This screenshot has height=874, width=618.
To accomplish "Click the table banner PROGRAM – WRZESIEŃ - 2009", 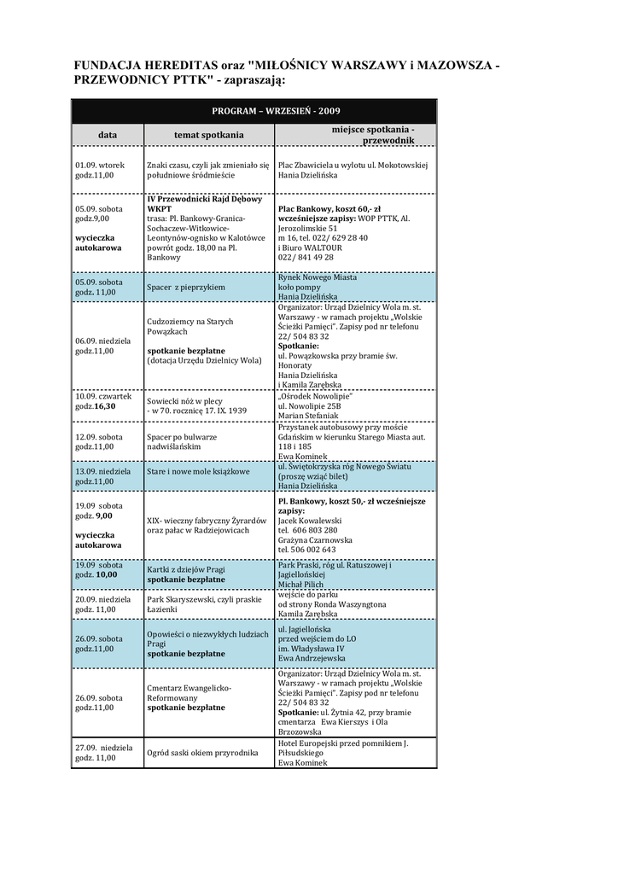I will tap(254, 112).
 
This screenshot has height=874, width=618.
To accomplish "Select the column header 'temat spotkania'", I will tap(208, 135).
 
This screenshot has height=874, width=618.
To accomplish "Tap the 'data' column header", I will tap(107, 135).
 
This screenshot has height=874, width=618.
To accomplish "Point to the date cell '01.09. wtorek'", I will tap(99, 164).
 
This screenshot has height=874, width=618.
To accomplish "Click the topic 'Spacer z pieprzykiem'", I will tap(185, 287).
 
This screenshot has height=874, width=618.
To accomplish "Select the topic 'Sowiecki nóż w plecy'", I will tap(185, 399).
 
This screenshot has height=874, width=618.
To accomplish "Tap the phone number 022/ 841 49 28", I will tap(306, 257).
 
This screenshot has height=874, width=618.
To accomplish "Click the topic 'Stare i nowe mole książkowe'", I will tap(198, 471).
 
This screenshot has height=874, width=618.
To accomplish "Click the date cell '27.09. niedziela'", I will tap(103, 748).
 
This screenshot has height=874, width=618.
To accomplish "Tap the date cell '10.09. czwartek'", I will tap(103, 396).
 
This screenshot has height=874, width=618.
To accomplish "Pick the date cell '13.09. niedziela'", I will tap(102, 470).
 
